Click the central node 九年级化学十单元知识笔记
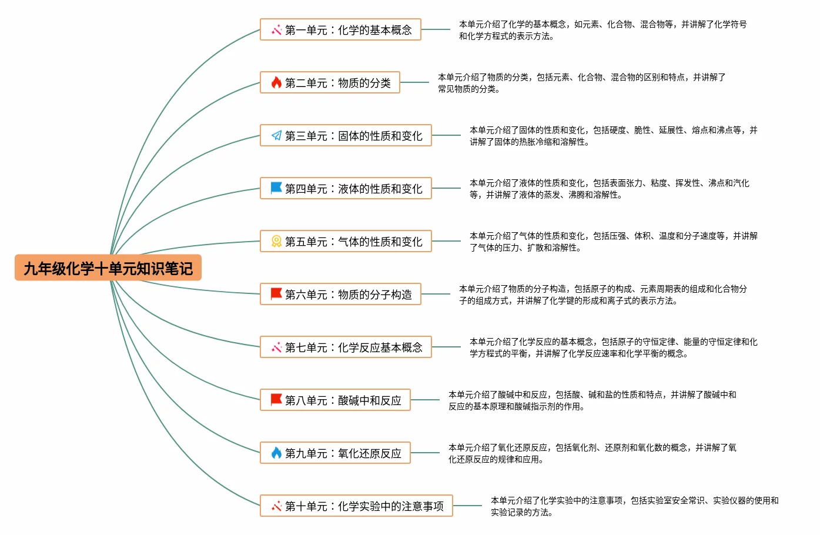point(108,268)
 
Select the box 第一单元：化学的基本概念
point(341,30)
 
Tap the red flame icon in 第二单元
point(276,83)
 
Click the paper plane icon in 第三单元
point(276,136)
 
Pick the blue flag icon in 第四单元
point(276,188)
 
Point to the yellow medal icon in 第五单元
point(276,242)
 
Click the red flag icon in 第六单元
point(276,294)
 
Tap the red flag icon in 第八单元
point(276,400)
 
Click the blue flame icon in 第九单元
point(276,453)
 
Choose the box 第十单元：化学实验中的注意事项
point(356,506)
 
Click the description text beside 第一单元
point(603,30)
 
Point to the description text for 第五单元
point(613,242)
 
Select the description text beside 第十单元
point(634,506)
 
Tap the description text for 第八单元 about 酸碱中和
point(592,400)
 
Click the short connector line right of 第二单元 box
point(414,83)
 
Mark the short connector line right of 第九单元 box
point(425,453)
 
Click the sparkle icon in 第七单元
point(276,347)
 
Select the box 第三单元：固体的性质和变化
point(346,136)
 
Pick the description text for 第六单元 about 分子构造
point(603,295)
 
